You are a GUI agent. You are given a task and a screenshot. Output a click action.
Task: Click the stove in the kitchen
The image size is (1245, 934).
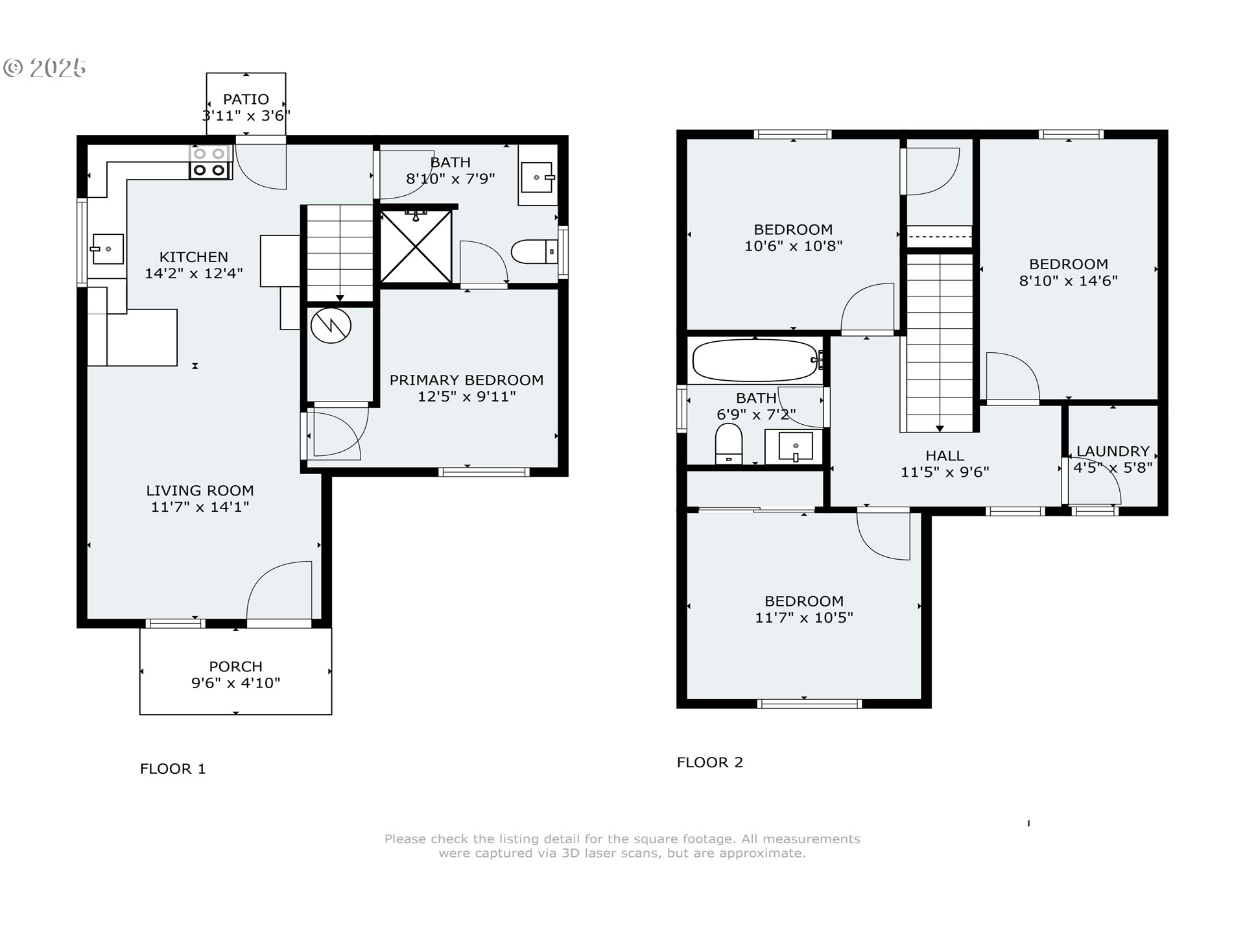tap(211, 162)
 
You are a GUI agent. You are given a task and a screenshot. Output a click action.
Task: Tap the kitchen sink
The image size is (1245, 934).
tap(107, 249)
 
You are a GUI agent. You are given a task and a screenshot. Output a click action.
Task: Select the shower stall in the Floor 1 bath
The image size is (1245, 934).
tap(416, 246)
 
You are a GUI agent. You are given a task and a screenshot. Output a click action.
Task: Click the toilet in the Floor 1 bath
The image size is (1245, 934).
tap(534, 252)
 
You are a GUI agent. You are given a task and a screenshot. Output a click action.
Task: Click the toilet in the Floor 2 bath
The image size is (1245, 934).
tap(728, 444)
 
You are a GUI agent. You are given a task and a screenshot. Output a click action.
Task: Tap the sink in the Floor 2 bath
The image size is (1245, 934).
tap(794, 447)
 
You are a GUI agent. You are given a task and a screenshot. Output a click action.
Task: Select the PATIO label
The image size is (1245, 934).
tap(246, 99)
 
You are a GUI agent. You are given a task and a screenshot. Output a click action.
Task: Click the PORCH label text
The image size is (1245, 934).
tap(235, 666)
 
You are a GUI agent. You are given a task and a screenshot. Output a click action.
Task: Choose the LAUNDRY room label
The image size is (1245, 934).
tap(1113, 451)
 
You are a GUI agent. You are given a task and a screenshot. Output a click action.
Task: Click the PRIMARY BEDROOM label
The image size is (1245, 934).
tap(466, 380)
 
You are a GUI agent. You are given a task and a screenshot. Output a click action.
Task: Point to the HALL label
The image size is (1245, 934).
tap(945, 455)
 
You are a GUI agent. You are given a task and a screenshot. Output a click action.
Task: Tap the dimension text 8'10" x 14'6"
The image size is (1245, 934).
tap(1069, 281)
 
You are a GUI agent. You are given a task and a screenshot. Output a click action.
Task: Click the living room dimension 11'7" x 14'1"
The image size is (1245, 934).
tap(200, 507)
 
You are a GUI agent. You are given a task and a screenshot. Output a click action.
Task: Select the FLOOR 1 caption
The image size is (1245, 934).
tap(172, 769)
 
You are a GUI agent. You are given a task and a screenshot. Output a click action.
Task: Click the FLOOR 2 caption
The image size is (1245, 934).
tap(710, 762)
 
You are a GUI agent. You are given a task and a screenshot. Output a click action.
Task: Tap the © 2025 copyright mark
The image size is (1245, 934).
tap(45, 68)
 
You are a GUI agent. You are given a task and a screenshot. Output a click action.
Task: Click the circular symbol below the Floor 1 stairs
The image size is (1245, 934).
tap(331, 326)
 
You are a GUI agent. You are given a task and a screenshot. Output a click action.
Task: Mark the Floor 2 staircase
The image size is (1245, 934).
tap(940, 343)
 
